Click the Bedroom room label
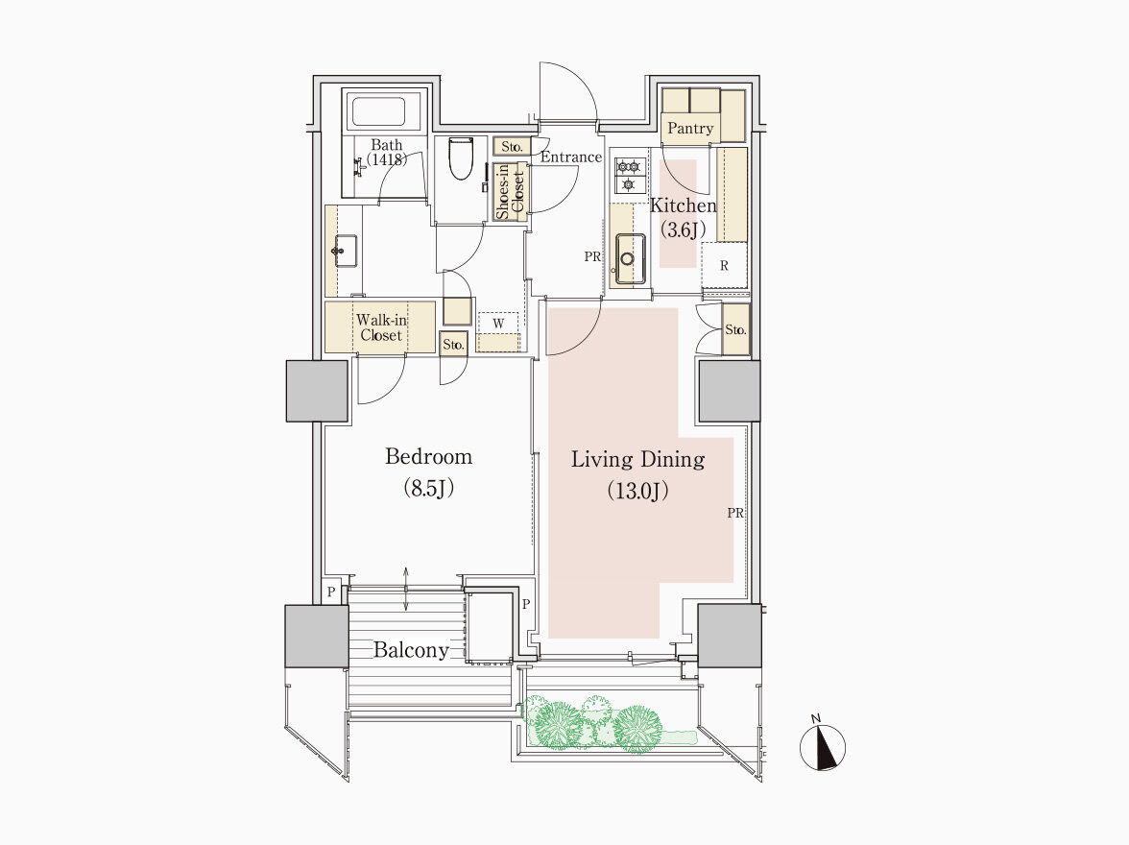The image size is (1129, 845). (428, 457)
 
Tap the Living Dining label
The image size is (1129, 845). (637, 460)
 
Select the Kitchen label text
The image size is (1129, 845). (684, 205)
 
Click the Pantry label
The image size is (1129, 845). (689, 129)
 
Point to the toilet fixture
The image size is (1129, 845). (460, 157)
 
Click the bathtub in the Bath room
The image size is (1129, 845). (377, 111)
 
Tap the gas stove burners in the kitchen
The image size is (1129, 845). (629, 175)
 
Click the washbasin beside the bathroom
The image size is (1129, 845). (345, 251)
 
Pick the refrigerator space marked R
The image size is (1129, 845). (724, 266)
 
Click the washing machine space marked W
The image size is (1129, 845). (498, 324)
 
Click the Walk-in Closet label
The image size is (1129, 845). (381, 327)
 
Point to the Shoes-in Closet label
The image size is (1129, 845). (510, 192)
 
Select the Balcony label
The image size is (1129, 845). (411, 650)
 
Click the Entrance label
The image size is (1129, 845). (571, 157)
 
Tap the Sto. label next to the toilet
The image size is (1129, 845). (512, 146)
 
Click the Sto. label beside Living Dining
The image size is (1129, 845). (735, 330)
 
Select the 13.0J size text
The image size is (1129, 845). (637, 492)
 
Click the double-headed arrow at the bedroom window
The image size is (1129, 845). (406, 589)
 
